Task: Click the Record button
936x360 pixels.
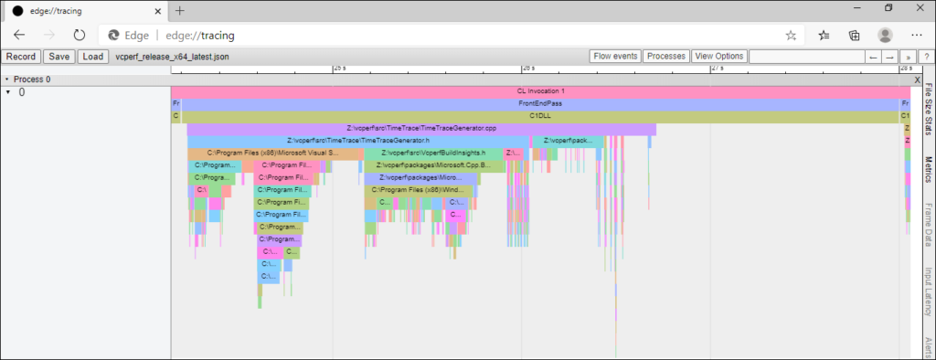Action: coord(21,57)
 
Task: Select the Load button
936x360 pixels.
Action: coord(91,57)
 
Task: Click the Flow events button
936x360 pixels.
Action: coord(615,57)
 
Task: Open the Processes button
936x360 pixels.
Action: coord(665,57)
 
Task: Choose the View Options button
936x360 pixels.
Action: coord(718,57)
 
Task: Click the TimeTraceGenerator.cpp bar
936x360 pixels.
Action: coord(421,129)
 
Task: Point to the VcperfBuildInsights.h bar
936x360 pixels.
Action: coord(433,154)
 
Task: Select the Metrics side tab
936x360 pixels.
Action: coord(928,171)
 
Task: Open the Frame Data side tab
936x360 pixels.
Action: coord(928,225)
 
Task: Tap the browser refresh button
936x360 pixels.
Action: coord(80,35)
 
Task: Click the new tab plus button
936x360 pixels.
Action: coord(180,10)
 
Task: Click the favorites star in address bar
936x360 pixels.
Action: coord(791,35)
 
